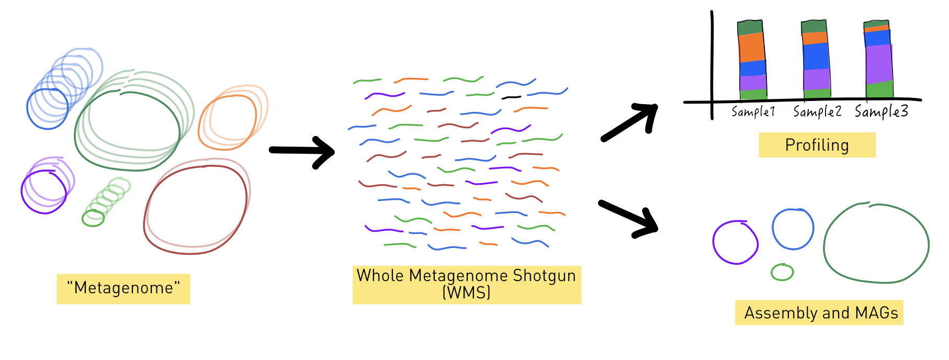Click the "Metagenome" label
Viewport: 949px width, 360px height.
click(x=123, y=288)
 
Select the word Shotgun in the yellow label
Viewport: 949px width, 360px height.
click(x=544, y=276)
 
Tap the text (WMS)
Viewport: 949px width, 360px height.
click(x=466, y=292)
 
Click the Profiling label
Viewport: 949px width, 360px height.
click(x=817, y=145)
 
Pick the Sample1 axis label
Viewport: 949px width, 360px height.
click(x=753, y=111)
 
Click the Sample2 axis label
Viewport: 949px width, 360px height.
click(x=817, y=111)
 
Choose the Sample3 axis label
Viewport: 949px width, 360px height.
click(x=881, y=111)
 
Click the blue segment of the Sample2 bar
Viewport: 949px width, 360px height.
click(x=816, y=57)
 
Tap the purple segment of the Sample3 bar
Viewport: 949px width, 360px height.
click(x=879, y=64)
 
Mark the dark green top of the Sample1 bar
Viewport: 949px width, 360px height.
click(x=750, y=28)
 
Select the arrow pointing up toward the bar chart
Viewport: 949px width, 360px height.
click(x=630, y=122)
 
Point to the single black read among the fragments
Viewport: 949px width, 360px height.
click(x=511, y=97)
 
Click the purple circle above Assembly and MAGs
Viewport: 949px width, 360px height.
click(x=735, y=242)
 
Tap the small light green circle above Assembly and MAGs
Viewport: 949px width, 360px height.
click(x=782, y=272)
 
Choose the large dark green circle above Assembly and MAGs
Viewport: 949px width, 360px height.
click(x=876, y=244)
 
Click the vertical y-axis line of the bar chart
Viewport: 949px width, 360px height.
click(x=712, y=63)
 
